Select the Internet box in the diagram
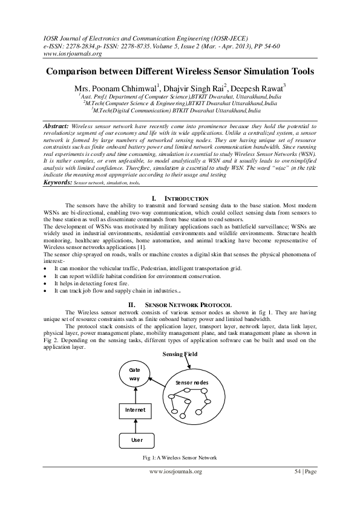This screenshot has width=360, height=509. [135, 410]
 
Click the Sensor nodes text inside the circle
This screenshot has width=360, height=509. [192, 383]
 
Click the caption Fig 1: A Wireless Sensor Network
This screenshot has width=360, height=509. [180, 457]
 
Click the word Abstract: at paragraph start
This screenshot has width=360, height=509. [57, 126]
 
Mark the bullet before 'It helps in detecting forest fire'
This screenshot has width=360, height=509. [47, 283]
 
